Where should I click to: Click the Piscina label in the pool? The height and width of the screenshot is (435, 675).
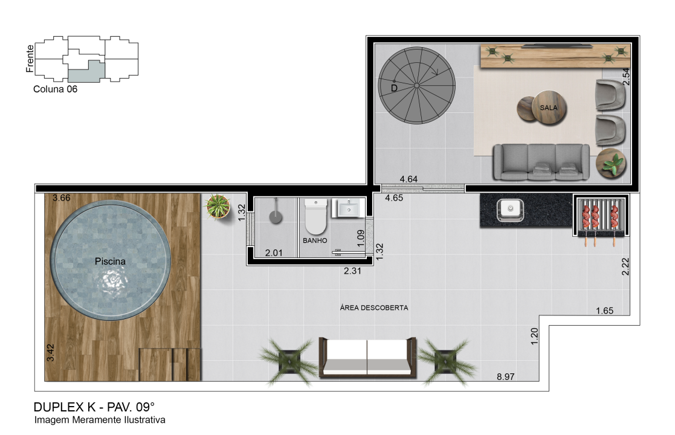tap(110, 261)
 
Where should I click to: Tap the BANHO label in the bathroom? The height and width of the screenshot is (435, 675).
tap(315, 240)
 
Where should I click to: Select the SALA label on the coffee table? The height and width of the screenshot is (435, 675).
tap(549, 108)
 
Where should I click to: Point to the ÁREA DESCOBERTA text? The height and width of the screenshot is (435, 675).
tap(373, 308)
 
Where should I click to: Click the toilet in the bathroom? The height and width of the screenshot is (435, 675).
tap(315, 216)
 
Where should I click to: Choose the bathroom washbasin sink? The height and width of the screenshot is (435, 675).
tap(348, 208)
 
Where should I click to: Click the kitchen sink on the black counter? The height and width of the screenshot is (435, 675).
tap(510, 210)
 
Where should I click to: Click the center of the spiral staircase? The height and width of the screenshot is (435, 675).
tap(417, 86)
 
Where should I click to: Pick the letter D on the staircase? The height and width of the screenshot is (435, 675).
tap(394, 88)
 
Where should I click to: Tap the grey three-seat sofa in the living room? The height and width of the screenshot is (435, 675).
tap(541, 162)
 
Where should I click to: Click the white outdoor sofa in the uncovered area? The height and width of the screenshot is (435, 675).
tap(367, 357)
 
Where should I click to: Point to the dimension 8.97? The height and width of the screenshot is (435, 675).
tap(505, 376)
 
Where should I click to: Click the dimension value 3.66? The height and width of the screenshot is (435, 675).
tap(61, 198)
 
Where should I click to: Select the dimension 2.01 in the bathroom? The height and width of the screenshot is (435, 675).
tap(274, 253)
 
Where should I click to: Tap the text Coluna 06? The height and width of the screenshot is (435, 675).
tap(55, 89)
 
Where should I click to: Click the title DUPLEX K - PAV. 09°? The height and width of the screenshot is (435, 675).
tap(94, 407)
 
